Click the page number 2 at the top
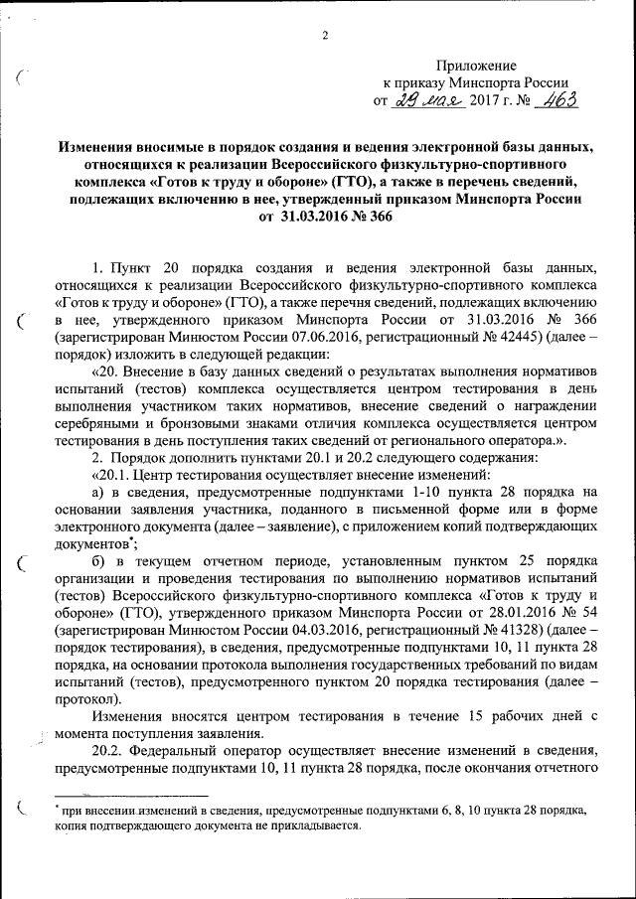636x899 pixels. pos(325,37)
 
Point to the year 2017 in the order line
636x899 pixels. pos(488,101)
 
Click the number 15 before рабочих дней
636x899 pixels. pos(475,717)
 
